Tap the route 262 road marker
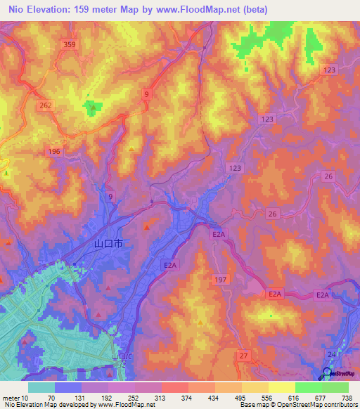click(x=46, y=105)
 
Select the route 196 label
click(x=55, y=152)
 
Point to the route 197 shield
click(x=220, y=280)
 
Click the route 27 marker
click(x=243, y=356)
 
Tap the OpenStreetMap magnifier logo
click(x=328, y=372)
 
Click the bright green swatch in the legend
click(x=308, y=387)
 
